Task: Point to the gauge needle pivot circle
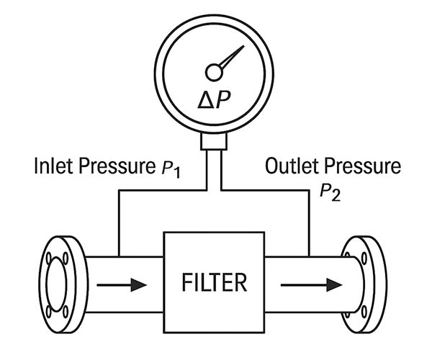point(214,72)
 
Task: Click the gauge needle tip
point(243,48)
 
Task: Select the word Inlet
point(51,168)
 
